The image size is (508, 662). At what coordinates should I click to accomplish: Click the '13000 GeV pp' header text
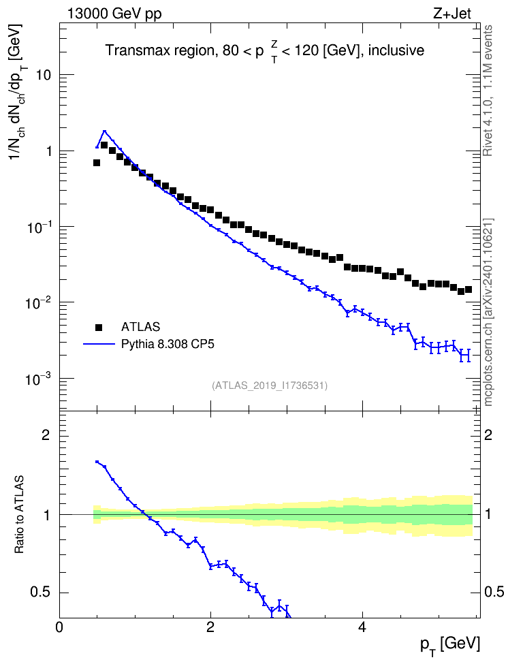click(x=114, y=14)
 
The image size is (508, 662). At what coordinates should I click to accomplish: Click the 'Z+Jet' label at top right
click(x=452, y=14)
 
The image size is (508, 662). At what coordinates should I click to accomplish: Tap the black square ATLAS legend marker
click(x=99, y=327)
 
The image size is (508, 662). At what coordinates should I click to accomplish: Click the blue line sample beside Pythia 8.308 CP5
click(x=99, y=345)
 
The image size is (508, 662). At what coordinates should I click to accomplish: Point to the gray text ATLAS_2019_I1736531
click(x=270, y=385)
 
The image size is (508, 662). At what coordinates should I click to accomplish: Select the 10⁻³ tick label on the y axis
click(x=37, y=378)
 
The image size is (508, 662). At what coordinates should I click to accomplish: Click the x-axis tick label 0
click(x=59, y=627)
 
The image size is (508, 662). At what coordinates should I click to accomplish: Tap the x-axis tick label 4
click(x=362, y=627)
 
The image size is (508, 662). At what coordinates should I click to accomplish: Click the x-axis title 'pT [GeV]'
click(x=450, y=646)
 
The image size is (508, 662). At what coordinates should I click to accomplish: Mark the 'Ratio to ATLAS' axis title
click(x=19, y=515)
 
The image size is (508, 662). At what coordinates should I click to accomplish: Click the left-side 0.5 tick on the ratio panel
click(x=41, y=593)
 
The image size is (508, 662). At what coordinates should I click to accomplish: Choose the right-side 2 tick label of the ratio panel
click(x=488, y=435)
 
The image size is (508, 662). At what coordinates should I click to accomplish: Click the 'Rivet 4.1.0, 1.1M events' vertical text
click(x=488, y=91)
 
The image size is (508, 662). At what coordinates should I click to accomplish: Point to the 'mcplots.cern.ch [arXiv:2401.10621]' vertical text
click(x=488, y=313)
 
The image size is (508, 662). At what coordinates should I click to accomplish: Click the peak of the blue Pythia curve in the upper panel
click(x=105, y=131)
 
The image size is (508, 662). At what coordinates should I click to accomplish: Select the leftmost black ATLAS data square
click(x=97, y=163)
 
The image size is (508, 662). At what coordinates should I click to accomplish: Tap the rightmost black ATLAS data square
click(x=469, y=289)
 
